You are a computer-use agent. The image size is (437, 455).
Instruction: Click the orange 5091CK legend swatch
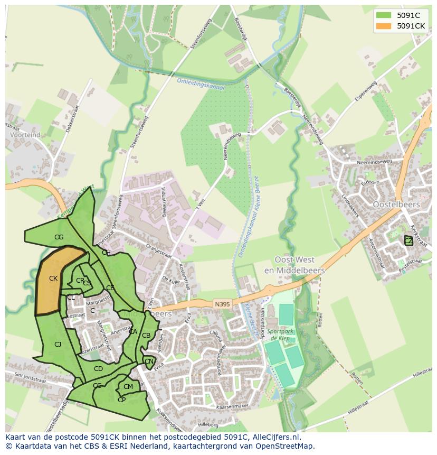pyautogui.click(x=385, y=26)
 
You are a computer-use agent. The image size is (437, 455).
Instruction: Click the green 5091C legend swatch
pyautogui.click(x=385, y=16)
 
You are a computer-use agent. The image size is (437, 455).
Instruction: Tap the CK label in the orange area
pyautogui.click(x=53, y=278)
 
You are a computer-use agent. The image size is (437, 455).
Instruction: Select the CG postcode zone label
pyautogui.click(x=59, y=238)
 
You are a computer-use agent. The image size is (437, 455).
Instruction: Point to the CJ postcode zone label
pyautogui.click(x=58, y=345)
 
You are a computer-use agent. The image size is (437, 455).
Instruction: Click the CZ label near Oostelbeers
pyautogui.click(x=408, y=241)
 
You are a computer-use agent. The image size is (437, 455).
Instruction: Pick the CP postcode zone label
pyautogui.click(x=121, y=400)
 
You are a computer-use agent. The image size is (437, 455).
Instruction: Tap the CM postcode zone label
pyautogui.click(x=128, y=387)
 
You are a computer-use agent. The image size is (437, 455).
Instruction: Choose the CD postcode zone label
pyautogui.click(x=98, y=369)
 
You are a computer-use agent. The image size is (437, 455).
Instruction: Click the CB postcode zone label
pyautogui.click(x=146, y=336)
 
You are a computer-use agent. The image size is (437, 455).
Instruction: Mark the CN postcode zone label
pyautogui.click(x=149, y=362)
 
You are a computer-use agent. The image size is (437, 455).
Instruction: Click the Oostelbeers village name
pyautogui.click(x=396, y=205)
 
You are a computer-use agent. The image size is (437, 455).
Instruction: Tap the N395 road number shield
pyautogui.click(x=222, y=304)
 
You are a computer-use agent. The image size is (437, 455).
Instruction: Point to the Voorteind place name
pyautogui.click(x=25, y=135)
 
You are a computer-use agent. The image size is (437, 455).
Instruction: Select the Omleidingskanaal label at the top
pyautogui.click(x=201, y=85)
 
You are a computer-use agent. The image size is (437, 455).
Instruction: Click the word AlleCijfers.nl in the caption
pyautogui.click(x=274, y=437)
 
